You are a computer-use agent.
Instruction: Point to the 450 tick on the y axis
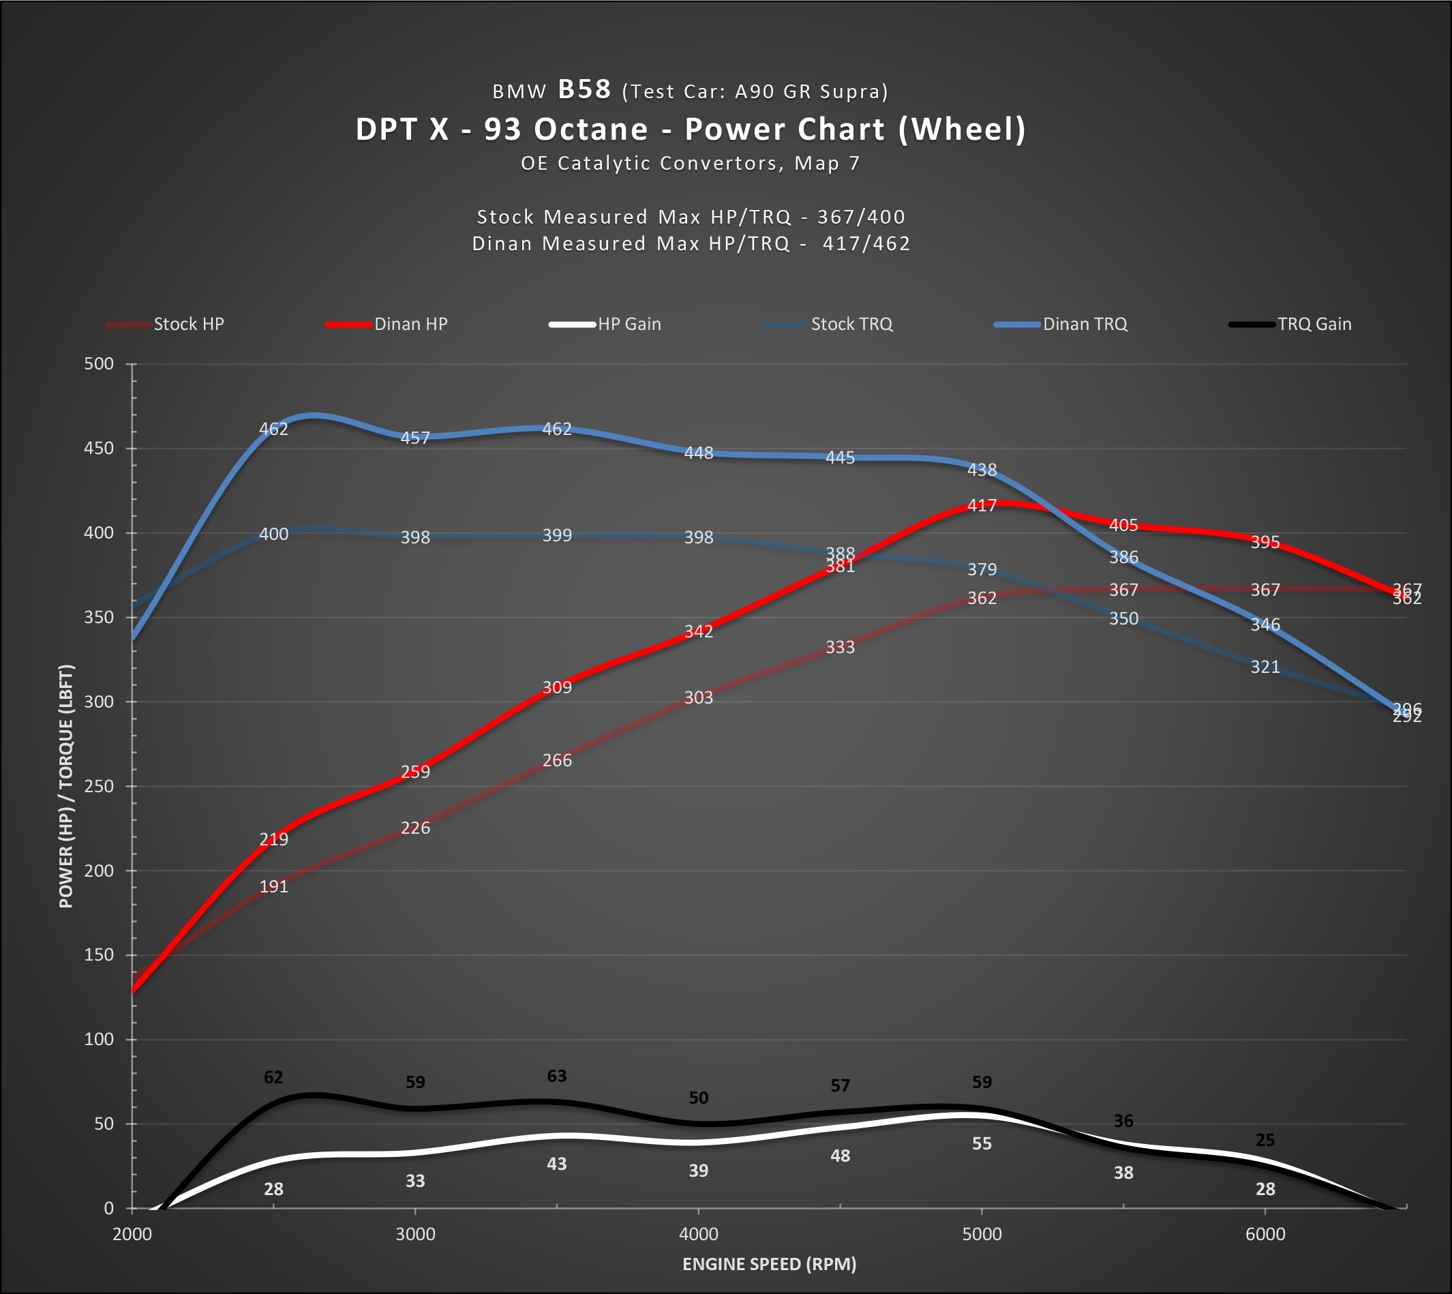[99, 449]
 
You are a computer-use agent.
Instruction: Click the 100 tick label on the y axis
[99, 1040]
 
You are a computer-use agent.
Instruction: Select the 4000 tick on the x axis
[699, 1234]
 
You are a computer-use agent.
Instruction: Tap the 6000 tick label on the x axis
[1265, 1234]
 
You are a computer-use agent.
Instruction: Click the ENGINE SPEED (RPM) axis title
[769, 1264]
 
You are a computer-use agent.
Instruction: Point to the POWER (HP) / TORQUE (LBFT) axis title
[66, 786]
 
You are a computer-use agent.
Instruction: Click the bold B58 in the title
[584, 89]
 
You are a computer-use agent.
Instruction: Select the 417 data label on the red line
[982, 505]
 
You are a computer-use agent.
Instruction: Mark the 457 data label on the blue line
[415, 438]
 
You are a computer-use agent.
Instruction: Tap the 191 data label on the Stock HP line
[273, 886]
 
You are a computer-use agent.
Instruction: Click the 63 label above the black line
[556, 1077]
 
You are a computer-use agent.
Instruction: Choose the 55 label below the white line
[982, 1144]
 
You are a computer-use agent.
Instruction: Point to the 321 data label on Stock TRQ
[1265, 667]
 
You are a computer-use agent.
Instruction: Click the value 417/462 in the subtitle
[866, 244]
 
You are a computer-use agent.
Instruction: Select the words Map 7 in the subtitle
[828, 164]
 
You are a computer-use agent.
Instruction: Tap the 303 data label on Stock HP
[699, 697]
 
